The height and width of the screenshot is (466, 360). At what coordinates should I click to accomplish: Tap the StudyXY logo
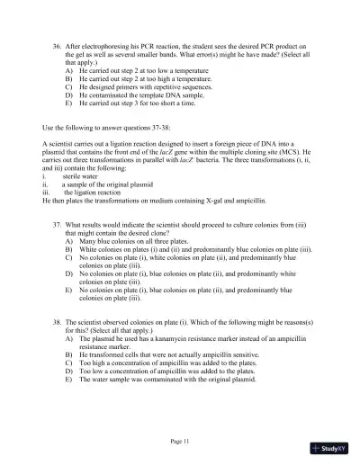click(x=338, y=447)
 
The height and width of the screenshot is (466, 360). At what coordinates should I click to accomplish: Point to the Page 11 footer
click(x=180, y=441)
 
